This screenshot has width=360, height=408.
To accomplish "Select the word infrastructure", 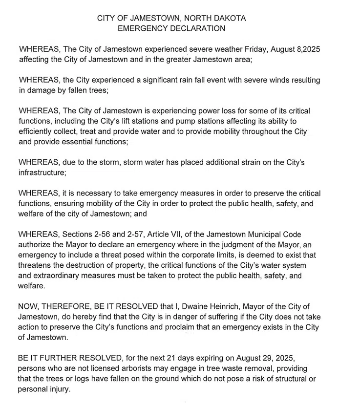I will [42, 173].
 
